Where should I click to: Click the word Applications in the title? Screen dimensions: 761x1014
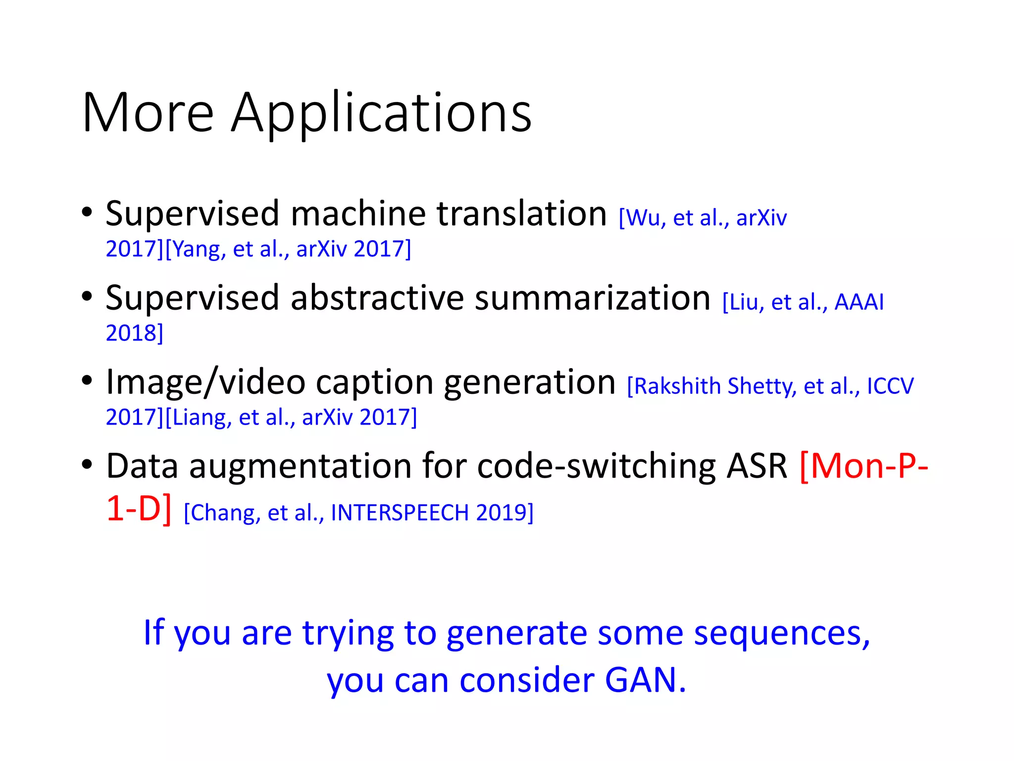click(381, 114)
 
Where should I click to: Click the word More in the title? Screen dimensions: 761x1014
click(148, 113)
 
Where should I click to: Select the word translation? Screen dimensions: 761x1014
click(521, 214)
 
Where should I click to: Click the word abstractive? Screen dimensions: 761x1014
click(377, 298)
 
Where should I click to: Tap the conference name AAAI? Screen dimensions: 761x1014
click(859, 302)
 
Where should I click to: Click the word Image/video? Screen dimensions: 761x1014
click(205, 382)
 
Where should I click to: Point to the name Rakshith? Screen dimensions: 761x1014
click(677, 386)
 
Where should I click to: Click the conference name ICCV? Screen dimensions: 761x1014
click(890, 386)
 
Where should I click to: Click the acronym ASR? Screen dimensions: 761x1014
click(756, 467)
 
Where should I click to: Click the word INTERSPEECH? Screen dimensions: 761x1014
click(399, 513)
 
